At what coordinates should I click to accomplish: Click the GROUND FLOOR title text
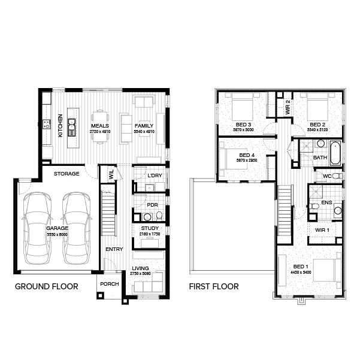coord(46,286)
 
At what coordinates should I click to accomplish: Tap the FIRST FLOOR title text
coord(213,286)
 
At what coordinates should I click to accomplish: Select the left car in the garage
coord(37,228)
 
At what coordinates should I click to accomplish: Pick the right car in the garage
coord(77,228)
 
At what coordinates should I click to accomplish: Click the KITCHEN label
coord(60,126)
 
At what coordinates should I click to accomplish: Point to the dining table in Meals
coord(101,126)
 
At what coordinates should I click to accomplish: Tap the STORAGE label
coord(66,174)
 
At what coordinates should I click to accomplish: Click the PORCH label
coord(110,284)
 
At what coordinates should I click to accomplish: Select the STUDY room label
coord(149,229)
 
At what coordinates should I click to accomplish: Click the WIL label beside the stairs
coord(111,174)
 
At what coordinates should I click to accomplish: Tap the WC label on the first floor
coord(327,176)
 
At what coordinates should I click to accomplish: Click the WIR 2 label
coord(288,110)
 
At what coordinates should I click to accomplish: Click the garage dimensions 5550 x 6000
coord(58,234)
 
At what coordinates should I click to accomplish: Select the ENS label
coord(326,202)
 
